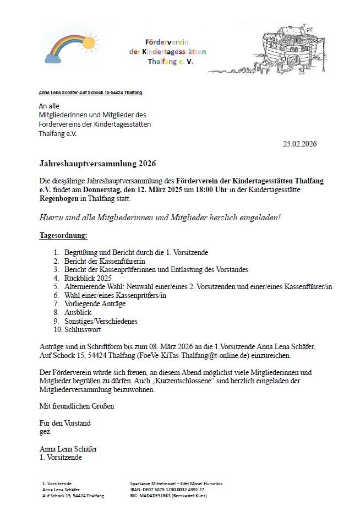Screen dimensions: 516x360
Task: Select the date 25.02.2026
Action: point(299,144)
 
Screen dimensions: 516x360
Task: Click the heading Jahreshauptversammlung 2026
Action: point(97,164)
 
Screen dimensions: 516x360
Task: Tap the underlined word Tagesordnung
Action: point(63,235)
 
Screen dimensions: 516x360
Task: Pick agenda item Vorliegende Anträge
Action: point(95,303)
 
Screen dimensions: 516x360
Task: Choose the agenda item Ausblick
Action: point(78,312)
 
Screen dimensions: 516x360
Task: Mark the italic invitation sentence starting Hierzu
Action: point(160,217)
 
